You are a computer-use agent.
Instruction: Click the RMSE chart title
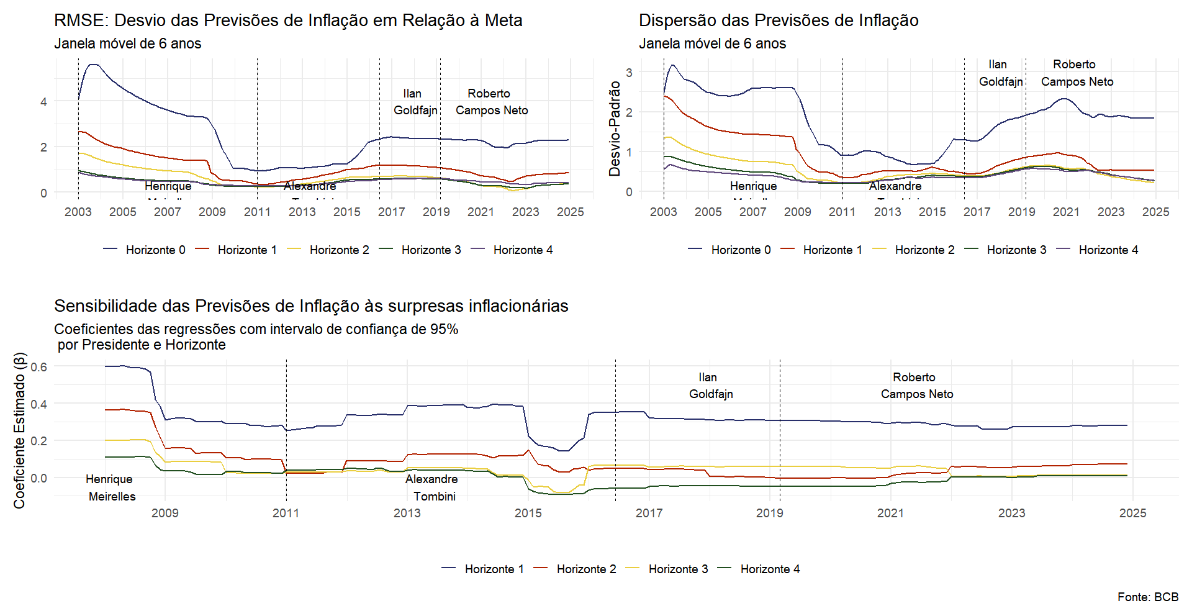pos(288,20)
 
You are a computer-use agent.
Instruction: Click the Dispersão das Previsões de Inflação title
pos(779,20)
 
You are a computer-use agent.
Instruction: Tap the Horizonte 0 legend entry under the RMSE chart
pos(155,250)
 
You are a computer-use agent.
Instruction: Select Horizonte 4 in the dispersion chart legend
pos(1108,250)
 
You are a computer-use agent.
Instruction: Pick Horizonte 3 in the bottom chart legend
pos(678,569)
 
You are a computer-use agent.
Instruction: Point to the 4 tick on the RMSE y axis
pos(43,102)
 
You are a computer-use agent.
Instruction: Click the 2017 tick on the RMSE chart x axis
pos(391,212)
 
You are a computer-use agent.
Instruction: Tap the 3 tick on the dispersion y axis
pos(629,73)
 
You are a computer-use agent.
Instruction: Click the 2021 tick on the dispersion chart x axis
pos(1066,212)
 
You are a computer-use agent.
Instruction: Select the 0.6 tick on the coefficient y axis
pos(38,367)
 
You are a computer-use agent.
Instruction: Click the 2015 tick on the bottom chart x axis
pos(528,513)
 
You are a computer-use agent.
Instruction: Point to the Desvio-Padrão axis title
pos(615,129)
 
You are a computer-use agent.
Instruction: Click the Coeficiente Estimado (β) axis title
pos(20,430)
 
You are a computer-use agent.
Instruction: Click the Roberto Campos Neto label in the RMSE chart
pos(492,102)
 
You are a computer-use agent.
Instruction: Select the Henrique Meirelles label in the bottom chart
pos(111,487)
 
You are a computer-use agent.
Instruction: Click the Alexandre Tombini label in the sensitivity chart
pos(433,487)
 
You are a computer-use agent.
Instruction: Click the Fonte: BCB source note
pos(1147,597)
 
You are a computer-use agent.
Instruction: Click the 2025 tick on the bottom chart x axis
pos(1132,513)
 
